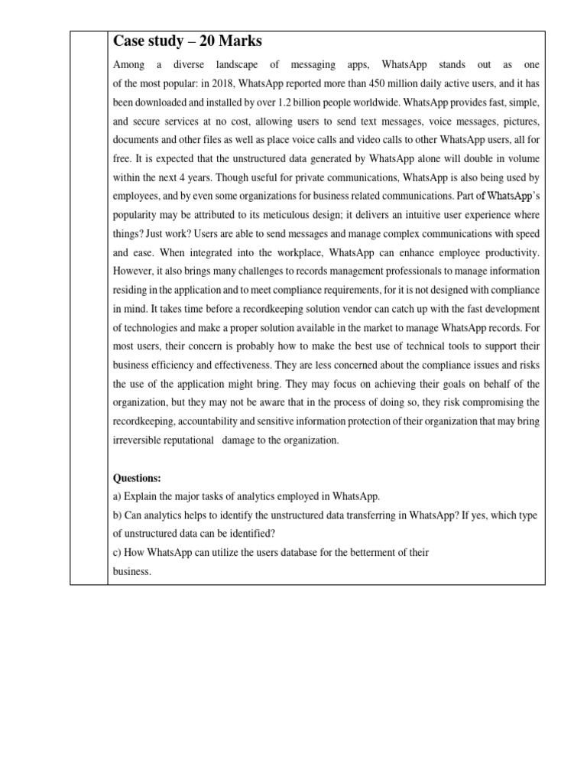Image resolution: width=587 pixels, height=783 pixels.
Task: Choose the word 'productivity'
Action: pyautogui.click(x=511, y=252)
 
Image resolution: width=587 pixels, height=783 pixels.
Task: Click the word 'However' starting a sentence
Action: pyautogui.click(x=131, y=271)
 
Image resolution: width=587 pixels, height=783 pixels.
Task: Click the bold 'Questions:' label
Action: pyautogui.click(x=137, y=478)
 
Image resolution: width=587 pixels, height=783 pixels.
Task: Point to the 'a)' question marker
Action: pyautogui.click(x=118, y=496)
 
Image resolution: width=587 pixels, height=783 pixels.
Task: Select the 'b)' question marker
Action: pyautogui.click(x=118, y=515)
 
